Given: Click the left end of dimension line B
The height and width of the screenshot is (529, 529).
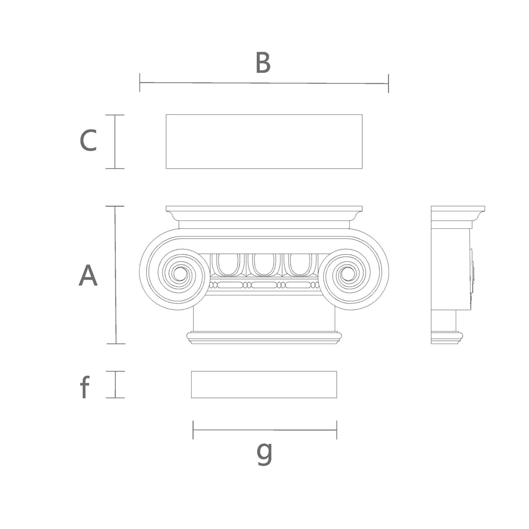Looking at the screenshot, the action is (139, 82).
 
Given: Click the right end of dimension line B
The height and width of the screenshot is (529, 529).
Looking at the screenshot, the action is (388, 83).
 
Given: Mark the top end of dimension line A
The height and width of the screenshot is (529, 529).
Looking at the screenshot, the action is (115, 206).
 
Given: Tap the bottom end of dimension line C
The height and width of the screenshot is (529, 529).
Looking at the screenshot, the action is (115, 168).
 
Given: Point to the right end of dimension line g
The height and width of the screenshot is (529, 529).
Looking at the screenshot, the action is (337, 430).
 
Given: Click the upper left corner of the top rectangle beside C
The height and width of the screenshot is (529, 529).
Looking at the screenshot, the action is (166, 115).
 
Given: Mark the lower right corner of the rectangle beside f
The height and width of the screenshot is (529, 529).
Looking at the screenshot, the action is (337, 398).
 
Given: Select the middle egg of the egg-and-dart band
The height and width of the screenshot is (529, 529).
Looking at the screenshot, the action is (264, 264).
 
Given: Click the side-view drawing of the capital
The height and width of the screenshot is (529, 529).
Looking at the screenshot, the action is (458, 275).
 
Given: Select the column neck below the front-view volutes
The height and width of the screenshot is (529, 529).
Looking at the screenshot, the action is (264, 319).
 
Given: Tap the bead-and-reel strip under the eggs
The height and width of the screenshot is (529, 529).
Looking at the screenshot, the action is (264, 285).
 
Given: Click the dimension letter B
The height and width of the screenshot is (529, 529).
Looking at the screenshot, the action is (263, 63).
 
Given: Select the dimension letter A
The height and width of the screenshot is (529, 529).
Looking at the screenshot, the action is (88, 275).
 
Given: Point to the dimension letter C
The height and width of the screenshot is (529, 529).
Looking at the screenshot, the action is (88, 141).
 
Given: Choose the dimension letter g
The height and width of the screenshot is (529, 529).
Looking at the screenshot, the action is (264, 454).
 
